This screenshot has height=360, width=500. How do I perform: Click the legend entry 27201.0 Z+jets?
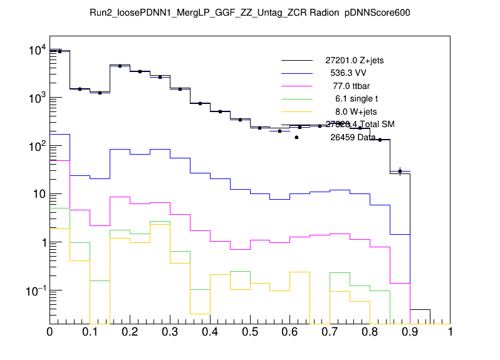coord(354,61)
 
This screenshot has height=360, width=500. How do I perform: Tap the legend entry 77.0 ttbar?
coord(350,86)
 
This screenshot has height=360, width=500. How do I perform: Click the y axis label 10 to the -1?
coord(34,291)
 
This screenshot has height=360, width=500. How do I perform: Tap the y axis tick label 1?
coord(41,243)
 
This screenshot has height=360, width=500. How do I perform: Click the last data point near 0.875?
coord(400,170)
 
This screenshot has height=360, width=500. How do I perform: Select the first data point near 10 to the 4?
coord(60,51)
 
